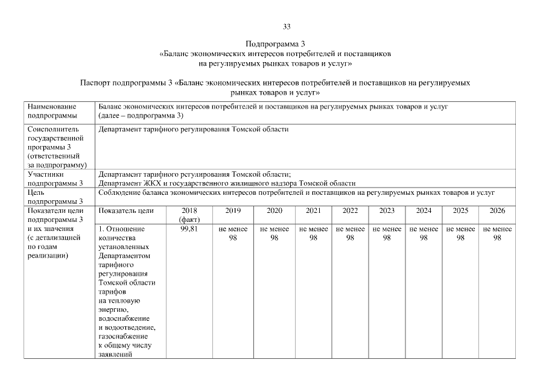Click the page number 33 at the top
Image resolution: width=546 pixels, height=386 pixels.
coord(287,27)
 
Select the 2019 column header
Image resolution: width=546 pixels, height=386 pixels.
coord(233,211)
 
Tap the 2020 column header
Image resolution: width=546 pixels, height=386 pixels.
coord(274,211)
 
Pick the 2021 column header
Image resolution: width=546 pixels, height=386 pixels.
coord(313,211)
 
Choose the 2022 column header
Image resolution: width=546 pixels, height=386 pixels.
coord(350,211)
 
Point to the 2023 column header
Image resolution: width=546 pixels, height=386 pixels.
coord(387,211)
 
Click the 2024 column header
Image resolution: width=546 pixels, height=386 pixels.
coord(424,211)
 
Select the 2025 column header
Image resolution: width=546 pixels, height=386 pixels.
coord(460,211)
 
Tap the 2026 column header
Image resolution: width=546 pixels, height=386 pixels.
coord(497,211)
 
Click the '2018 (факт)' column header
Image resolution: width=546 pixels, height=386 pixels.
coord(189,215)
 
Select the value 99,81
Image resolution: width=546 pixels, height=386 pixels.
coord(189,229)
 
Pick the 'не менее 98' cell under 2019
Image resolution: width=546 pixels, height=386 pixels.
coord(233,233)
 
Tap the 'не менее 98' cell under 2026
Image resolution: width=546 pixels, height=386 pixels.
coord(497,233)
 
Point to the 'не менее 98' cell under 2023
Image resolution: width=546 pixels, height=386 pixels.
coord(387,233)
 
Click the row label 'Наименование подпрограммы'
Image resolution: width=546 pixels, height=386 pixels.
coord(52,111)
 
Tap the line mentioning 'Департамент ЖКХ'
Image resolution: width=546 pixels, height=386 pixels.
coord(227,183)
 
